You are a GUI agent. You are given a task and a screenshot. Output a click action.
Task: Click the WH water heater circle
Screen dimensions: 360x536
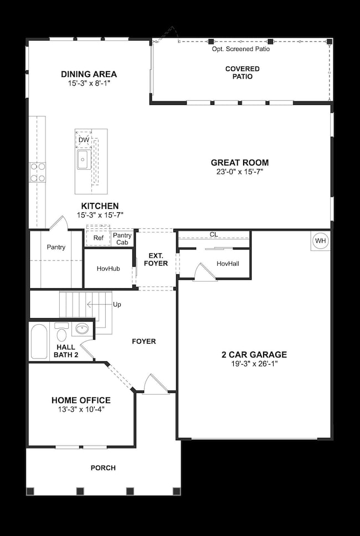(320, 241)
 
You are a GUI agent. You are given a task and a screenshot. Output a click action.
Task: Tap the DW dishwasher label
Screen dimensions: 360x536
(84, 140)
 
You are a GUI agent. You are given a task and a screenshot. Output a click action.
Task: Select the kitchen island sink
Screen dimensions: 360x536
(84, 159)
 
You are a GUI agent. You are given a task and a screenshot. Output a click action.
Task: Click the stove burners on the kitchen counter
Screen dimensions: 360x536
(38, 172)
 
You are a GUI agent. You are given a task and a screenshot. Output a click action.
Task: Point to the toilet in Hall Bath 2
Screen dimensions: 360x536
(61, 332)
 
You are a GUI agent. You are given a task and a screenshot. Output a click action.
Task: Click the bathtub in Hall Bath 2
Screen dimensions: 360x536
(39, 341)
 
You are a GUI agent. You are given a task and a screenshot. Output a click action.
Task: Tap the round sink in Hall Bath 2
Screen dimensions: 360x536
(82, 329)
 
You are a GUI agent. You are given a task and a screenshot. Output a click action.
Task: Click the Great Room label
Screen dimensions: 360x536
(240, 163)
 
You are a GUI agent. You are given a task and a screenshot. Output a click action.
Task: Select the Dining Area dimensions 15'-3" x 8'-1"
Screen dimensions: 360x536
(89, 83)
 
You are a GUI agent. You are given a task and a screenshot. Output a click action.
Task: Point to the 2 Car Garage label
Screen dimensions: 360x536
(254, 355)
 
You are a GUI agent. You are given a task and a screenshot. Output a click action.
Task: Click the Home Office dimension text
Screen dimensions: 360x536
(81, 410)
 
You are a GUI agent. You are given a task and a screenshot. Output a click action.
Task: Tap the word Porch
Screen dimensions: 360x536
(103, 468)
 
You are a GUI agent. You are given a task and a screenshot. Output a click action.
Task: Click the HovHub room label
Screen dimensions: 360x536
(108, 269)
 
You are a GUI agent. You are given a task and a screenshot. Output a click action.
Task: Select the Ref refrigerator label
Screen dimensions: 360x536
(99, 238)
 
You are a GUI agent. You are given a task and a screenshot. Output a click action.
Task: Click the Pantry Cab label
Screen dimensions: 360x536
(122, 238)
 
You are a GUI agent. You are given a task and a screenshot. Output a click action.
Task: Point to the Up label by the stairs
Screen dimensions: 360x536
(117, 304)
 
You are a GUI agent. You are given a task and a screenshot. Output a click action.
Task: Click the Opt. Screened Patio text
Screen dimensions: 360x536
(241, 49)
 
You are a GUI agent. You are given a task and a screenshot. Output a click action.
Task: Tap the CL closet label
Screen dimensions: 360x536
(214, 234)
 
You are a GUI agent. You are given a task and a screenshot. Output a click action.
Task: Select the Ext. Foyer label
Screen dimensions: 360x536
(156, 259)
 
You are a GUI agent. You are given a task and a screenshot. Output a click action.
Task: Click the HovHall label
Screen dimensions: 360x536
(228, 263)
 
